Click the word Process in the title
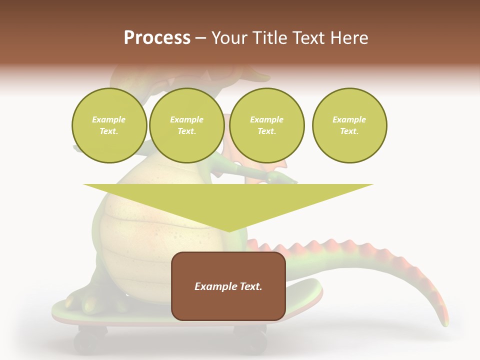click(157, 38)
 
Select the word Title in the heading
click(270, 38)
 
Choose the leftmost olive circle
click(109, 125)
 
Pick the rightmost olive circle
click(349, 125)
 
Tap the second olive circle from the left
click(187, 125)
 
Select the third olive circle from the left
click(267, 125)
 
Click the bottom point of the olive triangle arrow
click(229, 231)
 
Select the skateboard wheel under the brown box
click(248, 336)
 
